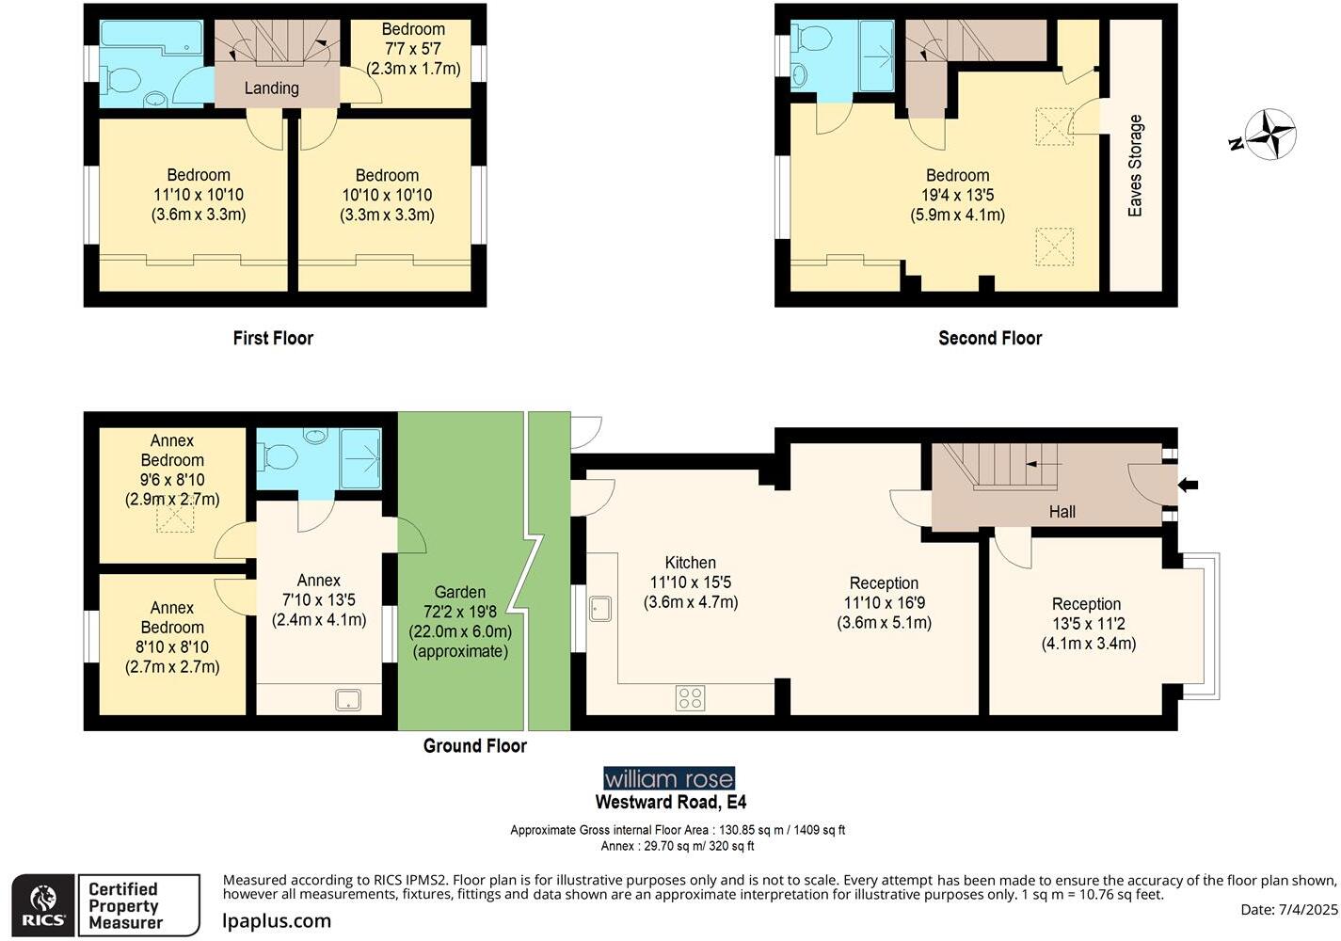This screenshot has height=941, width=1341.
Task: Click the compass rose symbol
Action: coord(1269,135)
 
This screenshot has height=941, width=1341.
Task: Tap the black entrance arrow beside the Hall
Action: coord(1189,485)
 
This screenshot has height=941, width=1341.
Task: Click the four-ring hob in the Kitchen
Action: coord(690,697)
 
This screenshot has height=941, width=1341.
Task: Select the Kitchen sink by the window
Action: coord(600,609)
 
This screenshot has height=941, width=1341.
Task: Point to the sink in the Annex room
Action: coord(348,699)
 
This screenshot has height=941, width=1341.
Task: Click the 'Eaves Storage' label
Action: coord(1135,166)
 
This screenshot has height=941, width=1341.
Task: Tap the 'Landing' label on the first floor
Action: coord(271,88)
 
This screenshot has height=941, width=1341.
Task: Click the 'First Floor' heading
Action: coord(273,338)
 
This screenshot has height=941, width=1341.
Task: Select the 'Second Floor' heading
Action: coord(990,338)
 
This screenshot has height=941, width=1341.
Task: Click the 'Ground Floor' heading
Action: coord(474,746)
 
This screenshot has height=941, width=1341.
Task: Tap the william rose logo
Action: coord(668,778)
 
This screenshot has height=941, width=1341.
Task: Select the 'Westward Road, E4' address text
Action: coord(670,803)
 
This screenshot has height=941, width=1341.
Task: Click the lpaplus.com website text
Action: coord(277,921)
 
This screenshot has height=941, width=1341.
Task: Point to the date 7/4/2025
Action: coord(1288,910)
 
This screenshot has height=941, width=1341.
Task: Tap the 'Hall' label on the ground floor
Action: coord(1062,512)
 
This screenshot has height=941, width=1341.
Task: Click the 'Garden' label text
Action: coord(460,592)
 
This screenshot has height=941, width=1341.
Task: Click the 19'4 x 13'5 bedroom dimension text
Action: coord(957,195)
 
